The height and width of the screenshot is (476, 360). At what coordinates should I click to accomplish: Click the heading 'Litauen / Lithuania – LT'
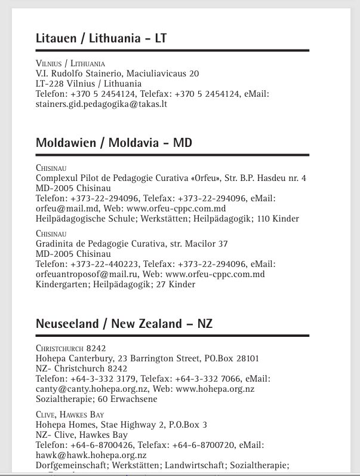click(x=101, y=39)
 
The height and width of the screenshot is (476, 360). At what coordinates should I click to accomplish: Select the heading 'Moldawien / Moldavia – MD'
click(x=113, y=143)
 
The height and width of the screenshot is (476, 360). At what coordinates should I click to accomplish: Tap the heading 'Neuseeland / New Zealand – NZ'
click(x=124, y=324)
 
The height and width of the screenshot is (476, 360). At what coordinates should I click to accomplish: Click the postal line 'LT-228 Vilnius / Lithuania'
click(x=88, y=84)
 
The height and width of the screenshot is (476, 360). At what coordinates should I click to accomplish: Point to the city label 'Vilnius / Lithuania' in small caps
click(x=70, y=63)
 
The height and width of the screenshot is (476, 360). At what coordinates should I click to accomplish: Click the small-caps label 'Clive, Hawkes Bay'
click(x=70, y=414)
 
